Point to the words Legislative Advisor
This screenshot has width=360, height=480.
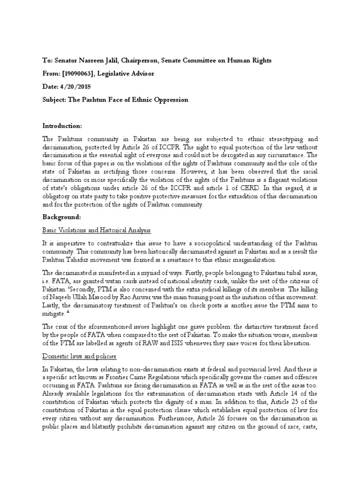coord(130,73)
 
